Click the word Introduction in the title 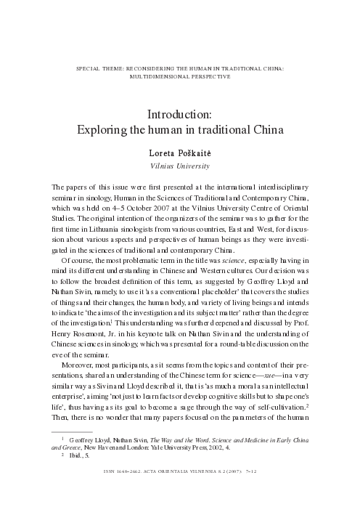pyautogui.click(x=179, y=115)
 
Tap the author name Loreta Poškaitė pyautogui.click(x=179, y=155)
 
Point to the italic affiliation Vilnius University pyautogui.click(x=179, y=166)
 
